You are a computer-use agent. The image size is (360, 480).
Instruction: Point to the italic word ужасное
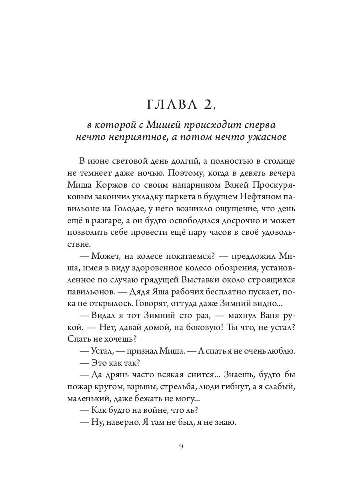[x=267, y=137]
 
